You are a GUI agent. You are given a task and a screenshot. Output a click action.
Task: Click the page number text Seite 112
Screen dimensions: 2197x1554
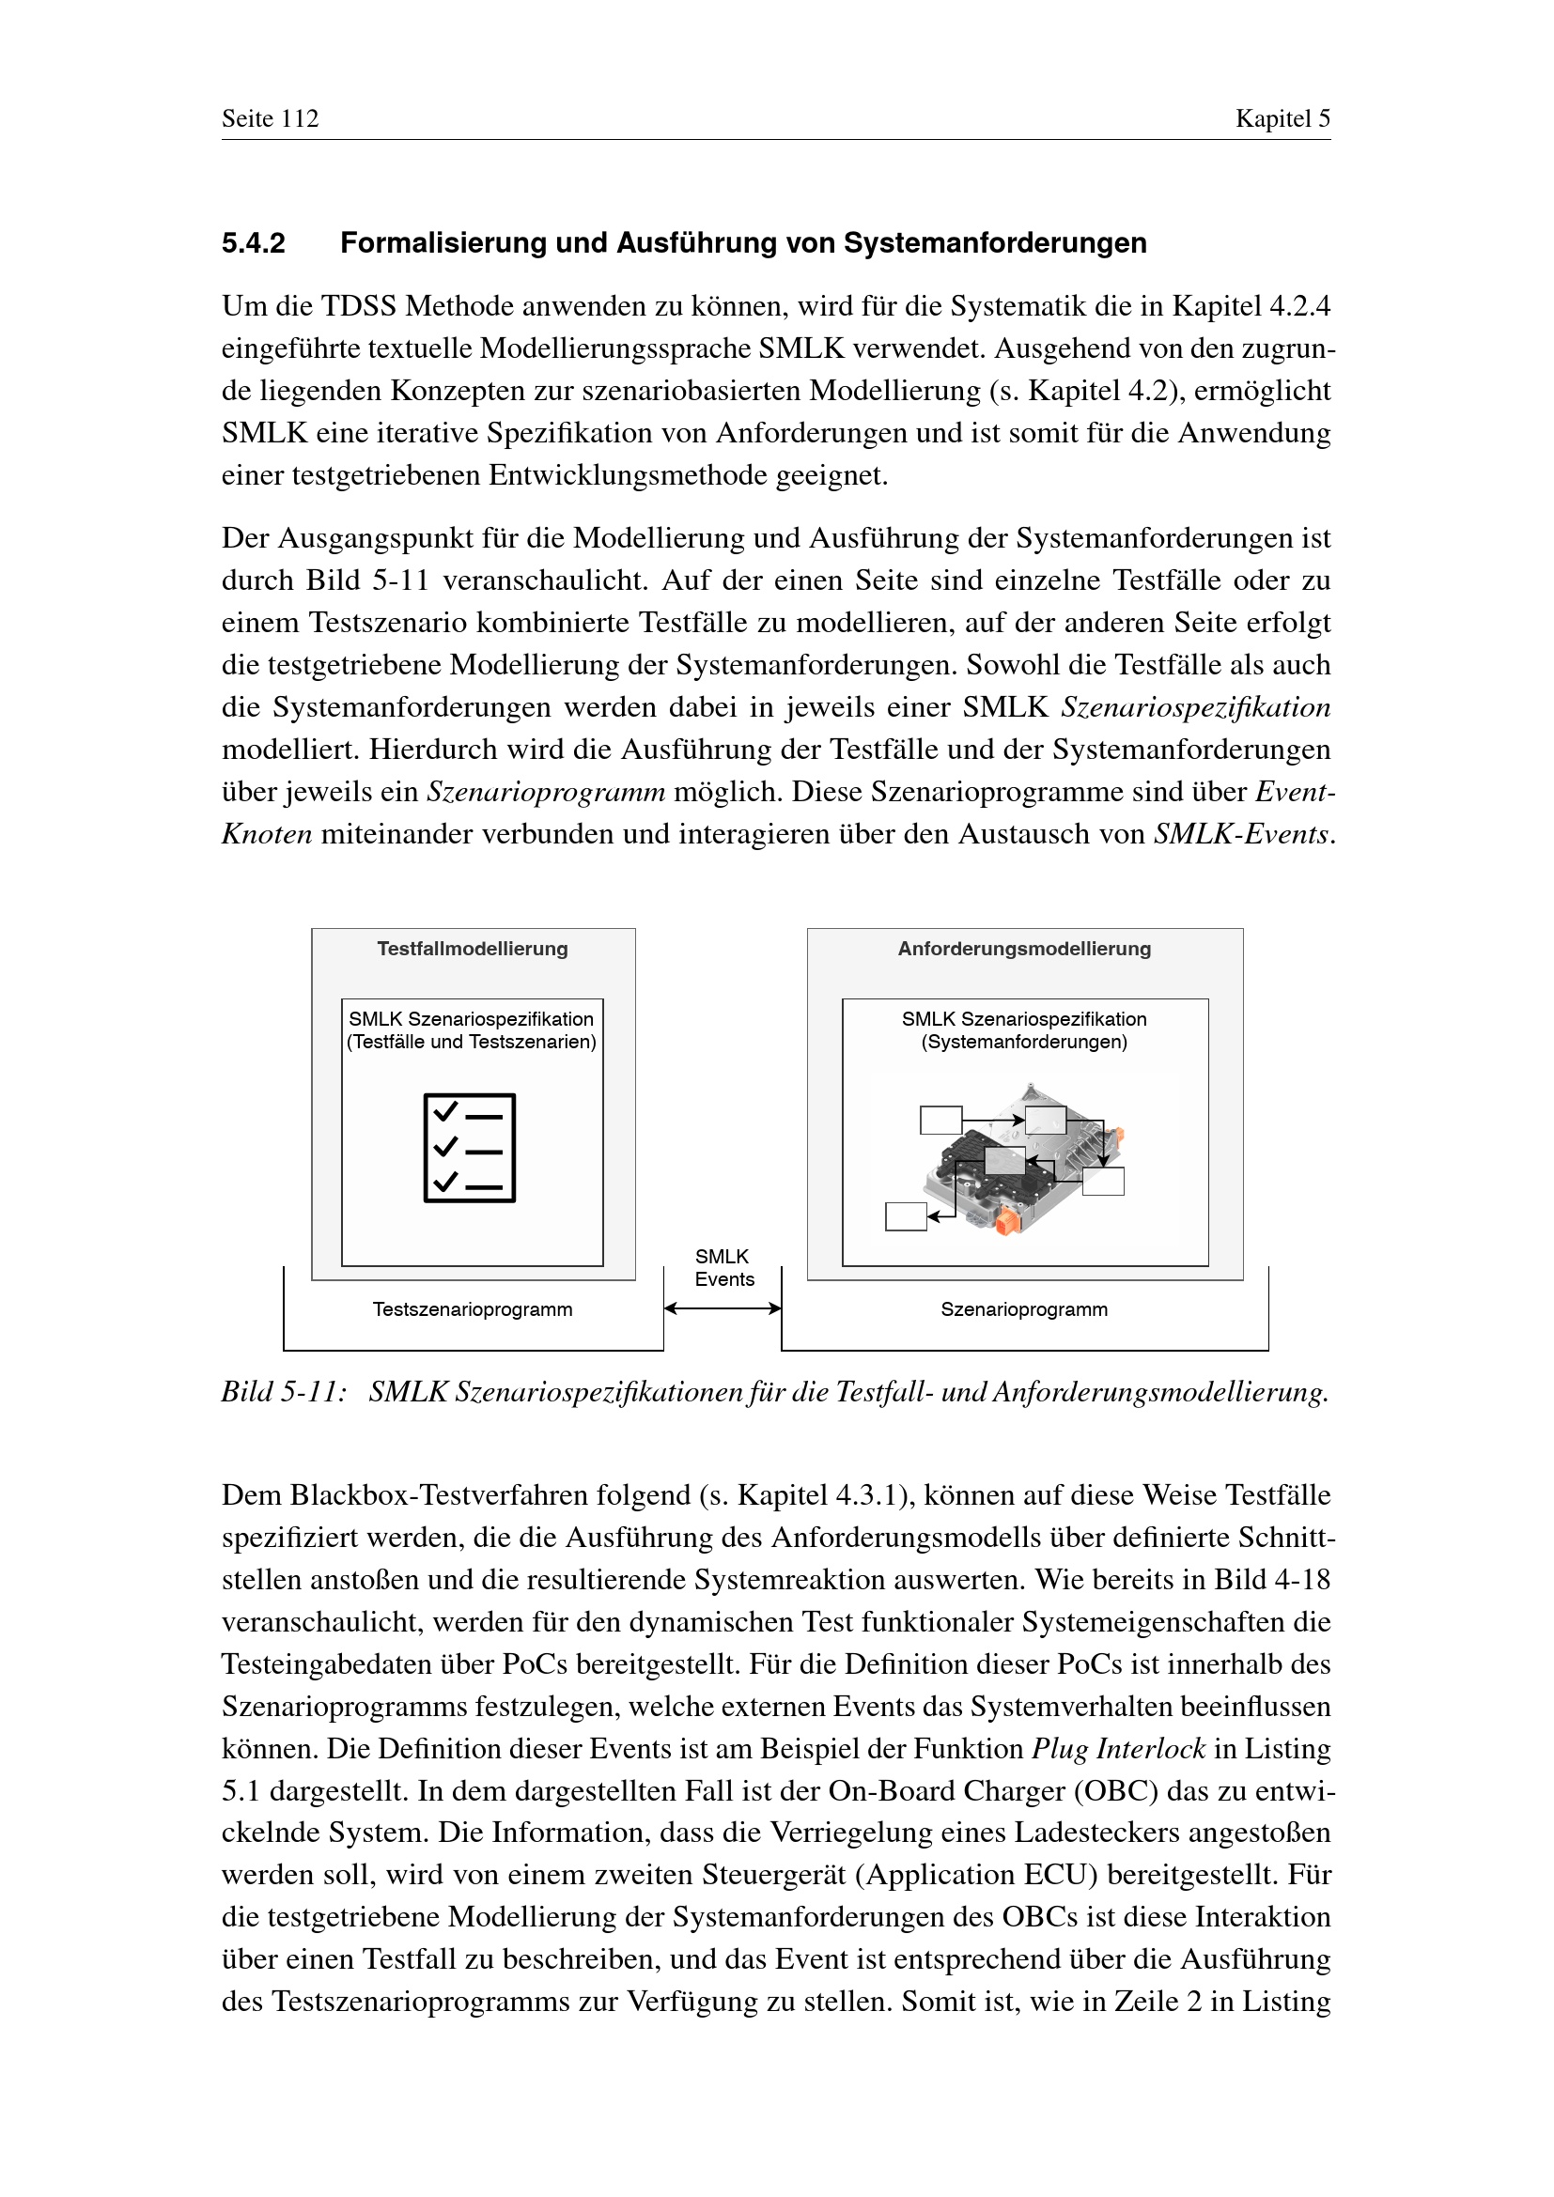[x=270, y=118]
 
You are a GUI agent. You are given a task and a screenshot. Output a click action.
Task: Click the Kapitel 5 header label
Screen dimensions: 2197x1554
[x=1282, y=118]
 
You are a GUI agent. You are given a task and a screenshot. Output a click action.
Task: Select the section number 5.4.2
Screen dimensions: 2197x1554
[x=254, y=243]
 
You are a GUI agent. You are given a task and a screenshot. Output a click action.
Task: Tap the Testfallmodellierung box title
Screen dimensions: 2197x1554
[x=473, y=949]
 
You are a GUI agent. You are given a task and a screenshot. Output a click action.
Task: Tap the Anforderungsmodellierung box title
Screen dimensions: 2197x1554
[x=1024, y=949]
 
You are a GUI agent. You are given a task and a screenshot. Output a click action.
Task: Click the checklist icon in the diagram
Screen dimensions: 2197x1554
[x=470, y=1147]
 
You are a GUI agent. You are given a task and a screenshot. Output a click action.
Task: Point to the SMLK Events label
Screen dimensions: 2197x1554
[x=723, y=1268]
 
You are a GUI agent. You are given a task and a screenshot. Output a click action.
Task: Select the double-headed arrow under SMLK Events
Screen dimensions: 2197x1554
[x=723, y=1308]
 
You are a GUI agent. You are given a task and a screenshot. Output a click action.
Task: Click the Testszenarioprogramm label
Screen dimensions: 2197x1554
[x=473, y=1309]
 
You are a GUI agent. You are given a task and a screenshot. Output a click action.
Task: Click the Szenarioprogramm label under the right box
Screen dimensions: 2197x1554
[x=1024, y=1309]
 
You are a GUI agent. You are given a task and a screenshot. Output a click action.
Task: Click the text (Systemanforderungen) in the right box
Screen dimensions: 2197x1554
[x=1024, y=1042]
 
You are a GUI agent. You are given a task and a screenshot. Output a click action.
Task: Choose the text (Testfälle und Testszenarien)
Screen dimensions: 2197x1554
[x=472, y=1042]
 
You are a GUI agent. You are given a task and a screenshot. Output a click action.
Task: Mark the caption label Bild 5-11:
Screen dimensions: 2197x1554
[x=283, y=1391]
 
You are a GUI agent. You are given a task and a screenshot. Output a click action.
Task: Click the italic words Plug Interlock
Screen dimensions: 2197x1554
[x=1118, y=1748]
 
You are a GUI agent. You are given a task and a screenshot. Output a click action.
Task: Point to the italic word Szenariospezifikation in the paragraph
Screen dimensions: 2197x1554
[x=1195, y=707]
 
